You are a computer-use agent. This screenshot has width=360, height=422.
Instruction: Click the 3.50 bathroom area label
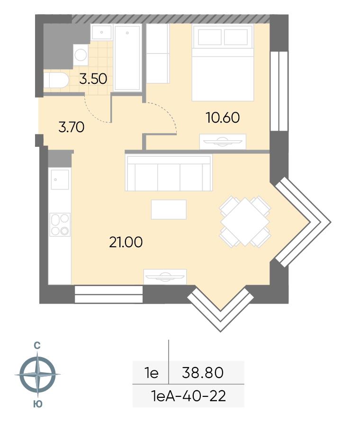tap(93, 79)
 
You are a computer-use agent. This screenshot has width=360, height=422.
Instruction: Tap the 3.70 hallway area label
tap(72, 127)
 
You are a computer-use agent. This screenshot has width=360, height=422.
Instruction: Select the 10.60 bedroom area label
tap(223, 117)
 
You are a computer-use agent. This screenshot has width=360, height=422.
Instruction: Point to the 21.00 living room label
tap(126, 242)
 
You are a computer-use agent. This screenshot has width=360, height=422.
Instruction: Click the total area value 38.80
tap(203, 373)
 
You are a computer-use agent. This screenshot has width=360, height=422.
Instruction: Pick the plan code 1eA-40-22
tap(189, 396)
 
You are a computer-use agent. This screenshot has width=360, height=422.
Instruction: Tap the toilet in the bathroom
tap(56, 80)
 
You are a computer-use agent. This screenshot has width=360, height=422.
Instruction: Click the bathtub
tap(127, 58)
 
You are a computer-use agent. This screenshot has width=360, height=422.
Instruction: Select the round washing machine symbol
tap(81, 55)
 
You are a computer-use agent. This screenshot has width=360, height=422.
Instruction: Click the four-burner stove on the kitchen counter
tap(60, 224)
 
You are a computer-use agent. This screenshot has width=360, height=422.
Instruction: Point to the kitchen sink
tap(60, 180)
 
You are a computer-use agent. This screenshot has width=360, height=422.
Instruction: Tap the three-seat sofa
tap(169, 173)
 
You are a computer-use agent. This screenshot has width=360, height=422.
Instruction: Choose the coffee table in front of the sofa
tap(169, 209)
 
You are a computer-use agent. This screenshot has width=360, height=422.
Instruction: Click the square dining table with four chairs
tap(245, 221)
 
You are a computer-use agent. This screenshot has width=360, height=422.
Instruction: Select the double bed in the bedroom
tap(223, 63)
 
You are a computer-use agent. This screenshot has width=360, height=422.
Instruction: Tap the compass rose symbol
tap(38, 374)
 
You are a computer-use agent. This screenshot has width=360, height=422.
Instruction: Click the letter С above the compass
tap(37, 345)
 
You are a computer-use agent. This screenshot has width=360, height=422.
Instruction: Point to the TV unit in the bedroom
tap(223, 142)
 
